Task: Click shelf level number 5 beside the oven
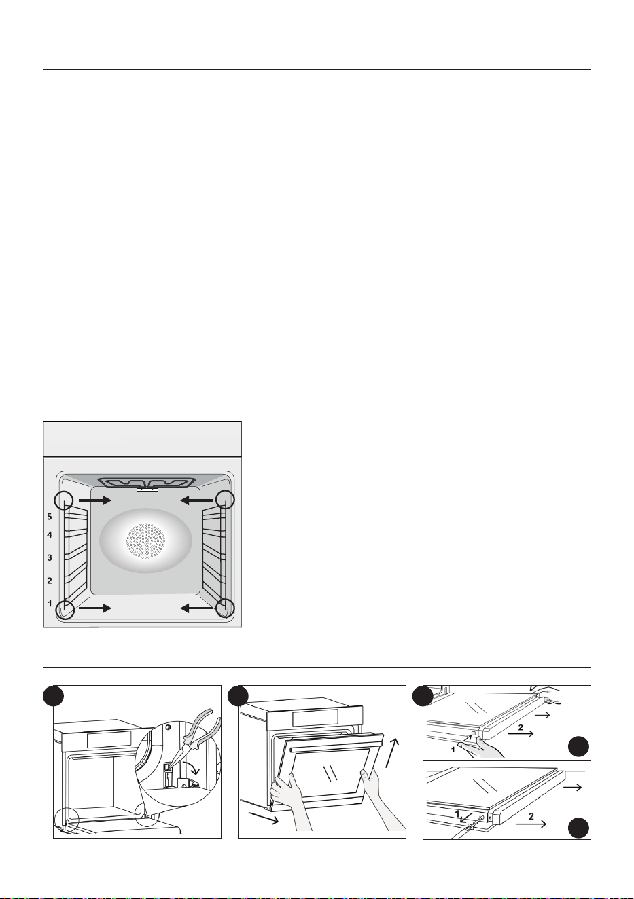point(50,517)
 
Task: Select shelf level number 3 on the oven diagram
point(50,557)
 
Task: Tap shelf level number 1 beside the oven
point(50,603)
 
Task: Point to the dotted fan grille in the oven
point(146,540)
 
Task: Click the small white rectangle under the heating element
point(147,490)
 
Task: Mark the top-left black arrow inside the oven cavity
point(95,500)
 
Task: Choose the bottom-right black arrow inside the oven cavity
point(196,609)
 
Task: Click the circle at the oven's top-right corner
point(225,500)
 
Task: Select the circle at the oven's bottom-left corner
point(65,610)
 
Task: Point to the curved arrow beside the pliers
point(192,768)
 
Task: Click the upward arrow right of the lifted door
point(393,752)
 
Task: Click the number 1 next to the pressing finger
point(453,749)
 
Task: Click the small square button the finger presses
point(474,733)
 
